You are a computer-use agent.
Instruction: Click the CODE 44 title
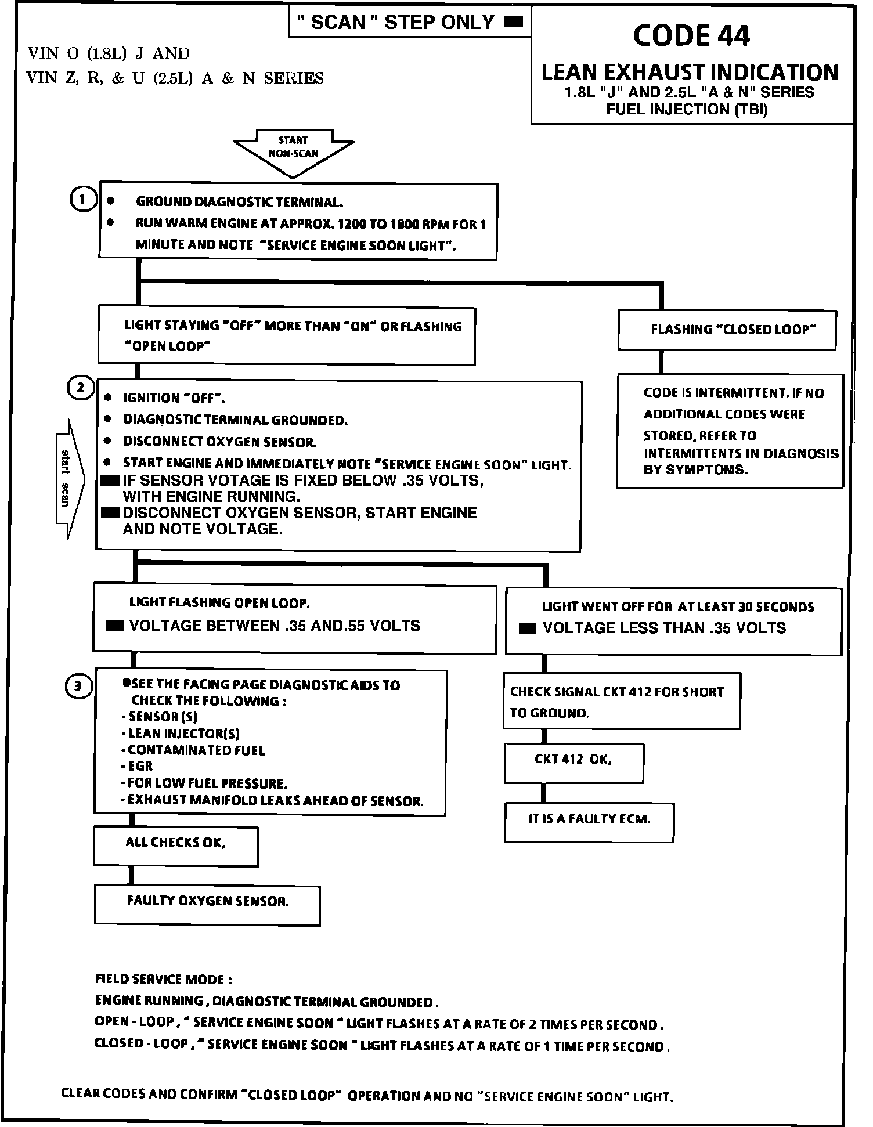pyautogui.click(x=691, y=36)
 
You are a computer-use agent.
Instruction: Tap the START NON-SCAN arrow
pyautogui.click(x=293, y=150)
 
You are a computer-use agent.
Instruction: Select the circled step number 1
pyautogui.click(x=82, y=200)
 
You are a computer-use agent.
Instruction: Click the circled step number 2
pyautogui.click(x=81, y=388)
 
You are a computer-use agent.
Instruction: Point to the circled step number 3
pyautogui.click(x=78, y=687)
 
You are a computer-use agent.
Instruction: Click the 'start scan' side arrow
pyautogui.click(x=69, y=478)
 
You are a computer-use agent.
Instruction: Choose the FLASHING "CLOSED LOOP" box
pyautogui.click(x=727, y=330)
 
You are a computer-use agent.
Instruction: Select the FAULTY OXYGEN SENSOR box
pyautogui.click(x=207, y=904)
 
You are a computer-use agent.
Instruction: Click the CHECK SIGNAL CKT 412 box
pyautogui.click(x=621, y=701)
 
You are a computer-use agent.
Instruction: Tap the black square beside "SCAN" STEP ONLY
pyautogui.click(x=514, y=23)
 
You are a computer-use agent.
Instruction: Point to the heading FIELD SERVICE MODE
pyautogui.click(x=164, y=980)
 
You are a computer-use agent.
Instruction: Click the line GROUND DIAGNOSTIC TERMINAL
pyautogui.click(x=239, y=202)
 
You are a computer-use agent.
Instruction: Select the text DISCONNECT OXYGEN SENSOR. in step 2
pyautogui.click(x=220, y=442)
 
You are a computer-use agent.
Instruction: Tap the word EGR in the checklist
pyautogui.click(x=140, y=767)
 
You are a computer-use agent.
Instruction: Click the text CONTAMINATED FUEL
pyautogui.click(x=196, y=750)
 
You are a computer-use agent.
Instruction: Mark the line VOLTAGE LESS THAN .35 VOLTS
pyautogui.click(x=664, y=628)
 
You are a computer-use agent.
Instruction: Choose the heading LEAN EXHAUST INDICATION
pyautogui.click(x=690, y=73)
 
